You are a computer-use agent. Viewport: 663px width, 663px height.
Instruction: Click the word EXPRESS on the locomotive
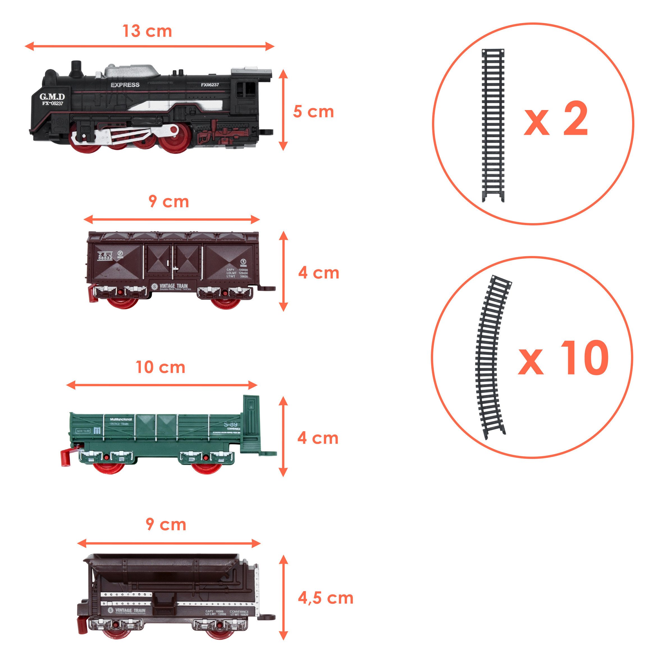coord(125,85)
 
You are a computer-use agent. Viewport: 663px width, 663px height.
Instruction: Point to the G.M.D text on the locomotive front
coord(52,97)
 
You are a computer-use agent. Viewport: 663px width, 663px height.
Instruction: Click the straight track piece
coord(493,125)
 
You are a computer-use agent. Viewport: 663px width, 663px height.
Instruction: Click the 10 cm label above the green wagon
coord(161,367)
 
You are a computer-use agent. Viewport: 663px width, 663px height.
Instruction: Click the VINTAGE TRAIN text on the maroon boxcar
coord(173,286)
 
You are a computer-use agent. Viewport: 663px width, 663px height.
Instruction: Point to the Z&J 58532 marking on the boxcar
coord(105,256)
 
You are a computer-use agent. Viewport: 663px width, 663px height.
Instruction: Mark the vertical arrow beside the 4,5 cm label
coord(283,597)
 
